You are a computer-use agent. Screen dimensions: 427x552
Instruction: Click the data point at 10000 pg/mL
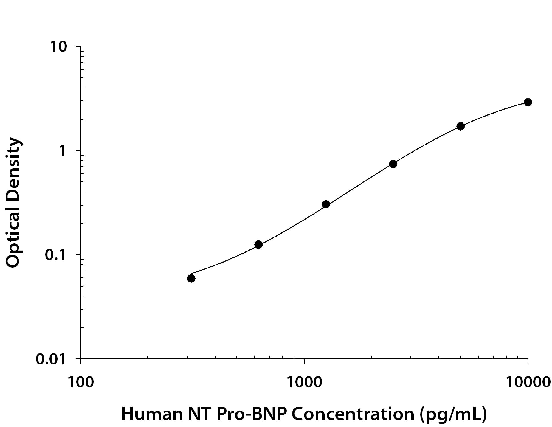[x=528, y=102]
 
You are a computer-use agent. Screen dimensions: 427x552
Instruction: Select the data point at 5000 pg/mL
[x=460, y=126]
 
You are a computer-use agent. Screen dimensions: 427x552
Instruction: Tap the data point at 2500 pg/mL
[x=393, y=164]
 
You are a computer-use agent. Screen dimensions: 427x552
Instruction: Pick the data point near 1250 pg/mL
[x=326, y=204]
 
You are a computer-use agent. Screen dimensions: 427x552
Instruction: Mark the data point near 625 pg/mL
[x=258, y=245]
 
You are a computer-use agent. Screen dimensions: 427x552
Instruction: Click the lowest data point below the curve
[x=191, y=279]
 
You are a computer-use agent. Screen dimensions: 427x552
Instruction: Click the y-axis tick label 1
[x=63, y=151]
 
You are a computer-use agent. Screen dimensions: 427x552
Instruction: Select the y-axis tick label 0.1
[x=56, y=255]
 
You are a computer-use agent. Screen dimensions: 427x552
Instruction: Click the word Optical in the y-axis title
[x=13, y=240]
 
